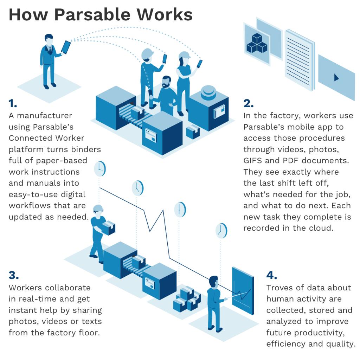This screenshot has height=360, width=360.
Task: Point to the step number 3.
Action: [14, 275]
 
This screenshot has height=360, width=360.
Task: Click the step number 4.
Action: [272, 275]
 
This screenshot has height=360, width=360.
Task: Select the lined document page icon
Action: [299, 58]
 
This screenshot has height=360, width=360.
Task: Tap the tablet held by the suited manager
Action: [66, 47]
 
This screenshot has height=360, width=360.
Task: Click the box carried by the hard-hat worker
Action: [109, 228]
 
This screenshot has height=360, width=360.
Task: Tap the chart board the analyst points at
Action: [243, 290]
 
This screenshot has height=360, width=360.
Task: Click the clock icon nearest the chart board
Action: [221, 231]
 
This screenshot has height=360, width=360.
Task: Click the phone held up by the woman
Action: [199, 64]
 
